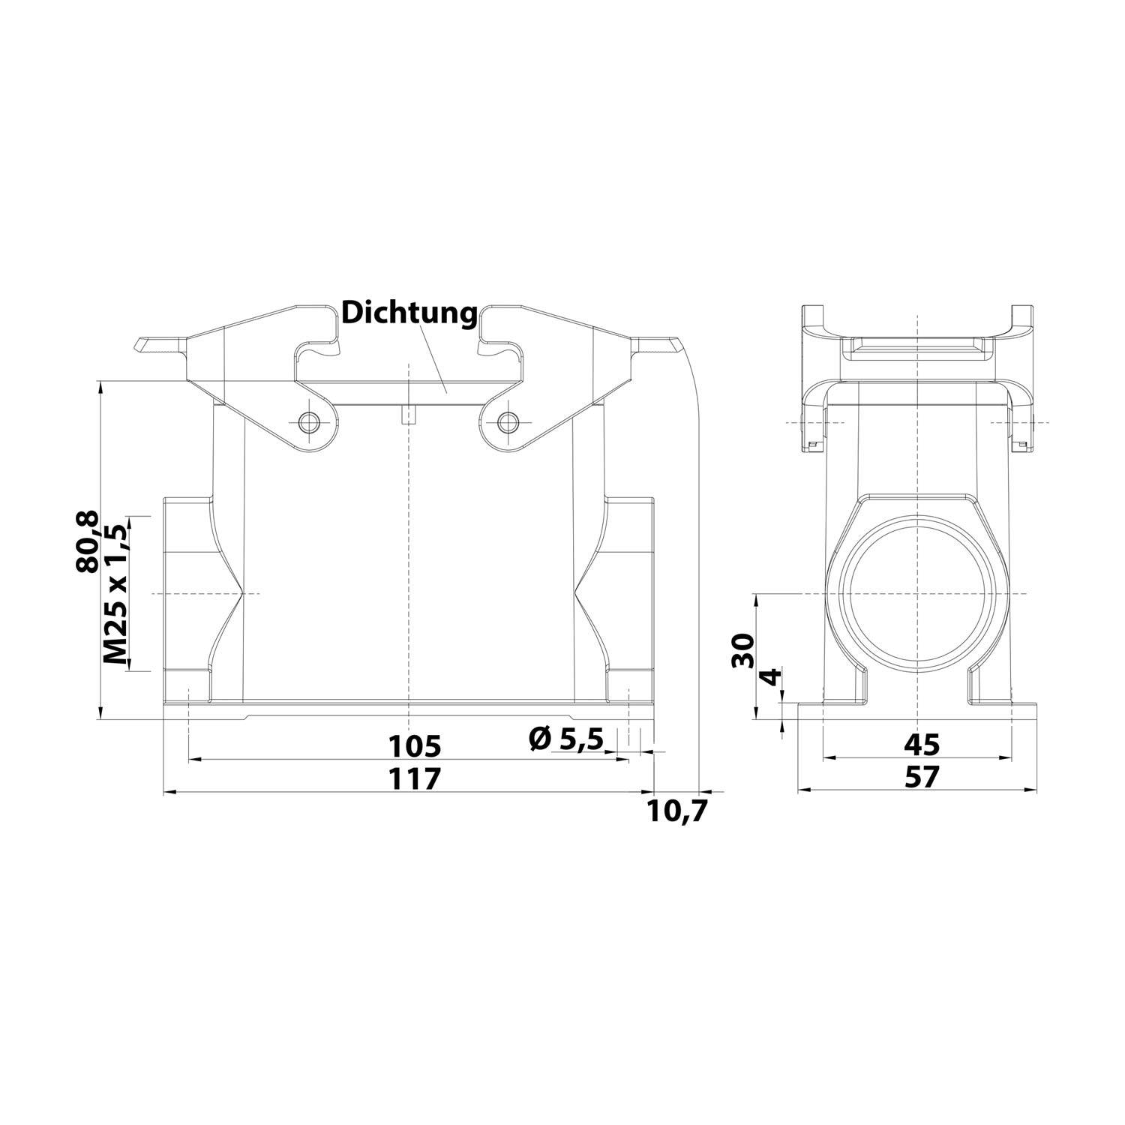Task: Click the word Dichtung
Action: coord(409,313)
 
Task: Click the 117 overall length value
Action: coord(414,778)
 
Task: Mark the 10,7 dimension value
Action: coord(678,811)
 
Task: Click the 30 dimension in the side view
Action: coord(742,650)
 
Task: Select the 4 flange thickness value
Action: coord(771,680)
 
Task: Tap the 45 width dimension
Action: coord(921,745)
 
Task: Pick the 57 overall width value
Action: coord(921,778)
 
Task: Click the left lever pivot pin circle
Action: coord(307,422)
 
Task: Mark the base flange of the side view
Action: coord(917,711)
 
